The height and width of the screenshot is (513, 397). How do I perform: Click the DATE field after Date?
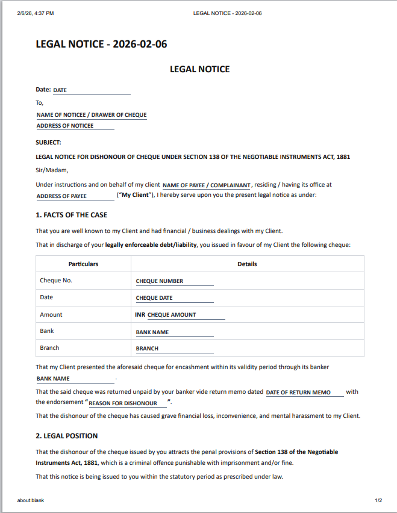click(x=91, y=90)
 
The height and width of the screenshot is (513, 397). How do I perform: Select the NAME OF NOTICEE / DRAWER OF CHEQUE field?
click(x=92, y=115)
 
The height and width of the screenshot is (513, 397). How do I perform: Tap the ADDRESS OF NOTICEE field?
click(x=75, y=126)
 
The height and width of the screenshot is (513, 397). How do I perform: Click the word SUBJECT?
click(x=49, y=143)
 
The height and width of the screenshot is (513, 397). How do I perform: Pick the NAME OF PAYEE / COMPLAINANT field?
click(x=207, y=185)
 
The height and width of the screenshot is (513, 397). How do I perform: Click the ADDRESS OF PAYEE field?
click(x=75, y=196)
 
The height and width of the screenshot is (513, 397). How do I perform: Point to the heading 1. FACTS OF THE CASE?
click(x=71, y=215)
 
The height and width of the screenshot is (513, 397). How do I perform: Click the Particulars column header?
click(x=83, y=264)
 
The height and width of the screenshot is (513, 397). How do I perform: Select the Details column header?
click(x=247, y=264)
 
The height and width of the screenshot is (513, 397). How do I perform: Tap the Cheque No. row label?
click(x=56, y=281)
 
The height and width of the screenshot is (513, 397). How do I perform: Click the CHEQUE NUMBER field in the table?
click(x=174, y=281)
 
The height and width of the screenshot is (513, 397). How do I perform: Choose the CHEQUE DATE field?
click(x=174, y=298)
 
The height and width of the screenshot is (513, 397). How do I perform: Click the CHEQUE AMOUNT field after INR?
click(x=186, y=315)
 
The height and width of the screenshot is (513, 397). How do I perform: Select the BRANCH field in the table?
click(x=174, y=349)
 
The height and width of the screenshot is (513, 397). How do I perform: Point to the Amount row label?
click(x=51, y=315)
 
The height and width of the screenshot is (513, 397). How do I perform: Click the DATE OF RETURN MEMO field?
click(x=304, y=393)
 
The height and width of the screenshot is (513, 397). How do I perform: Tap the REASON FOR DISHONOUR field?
click(x=127, y=403)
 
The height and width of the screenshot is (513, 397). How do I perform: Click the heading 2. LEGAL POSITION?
click(x=66, y=436)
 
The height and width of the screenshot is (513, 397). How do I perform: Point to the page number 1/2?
click(x=378, y=500)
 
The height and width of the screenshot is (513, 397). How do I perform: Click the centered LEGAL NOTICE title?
click(x=199, y=69)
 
